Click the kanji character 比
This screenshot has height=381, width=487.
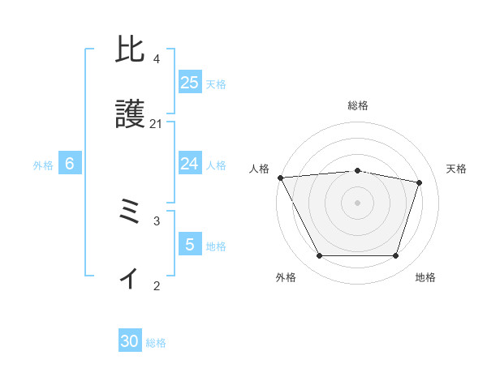click(x=131, y=51)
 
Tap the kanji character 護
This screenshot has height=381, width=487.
click(x=131, y=116)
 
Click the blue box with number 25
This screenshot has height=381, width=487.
click(x=190, y=83)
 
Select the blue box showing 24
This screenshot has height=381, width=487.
click(x=190, y=164)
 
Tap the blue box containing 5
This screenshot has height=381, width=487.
click(x=190, y=245)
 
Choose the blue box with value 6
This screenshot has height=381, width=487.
click(x=70, y=164)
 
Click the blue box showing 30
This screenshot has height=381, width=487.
click(x=130, y=342)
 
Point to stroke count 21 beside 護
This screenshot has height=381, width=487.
click(x=157, y=123)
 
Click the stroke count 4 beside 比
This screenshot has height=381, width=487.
click(x=157, y=58)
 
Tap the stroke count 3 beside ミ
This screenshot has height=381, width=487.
click(x=157, y=220)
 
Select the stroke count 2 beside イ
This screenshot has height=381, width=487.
click(x=157, y=285)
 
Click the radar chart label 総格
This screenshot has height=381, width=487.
click(x=358, y=105)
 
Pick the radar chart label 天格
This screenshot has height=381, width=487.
click(x=457, y=169)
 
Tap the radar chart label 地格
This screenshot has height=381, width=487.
click(x=425, y=277)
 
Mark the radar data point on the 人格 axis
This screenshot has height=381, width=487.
click(x=280, y=178)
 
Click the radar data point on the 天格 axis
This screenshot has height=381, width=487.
click(x=420, y=182)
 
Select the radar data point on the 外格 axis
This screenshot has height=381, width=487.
click(x=319, y=256)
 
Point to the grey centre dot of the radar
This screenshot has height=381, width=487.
click(x=358, y=203)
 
